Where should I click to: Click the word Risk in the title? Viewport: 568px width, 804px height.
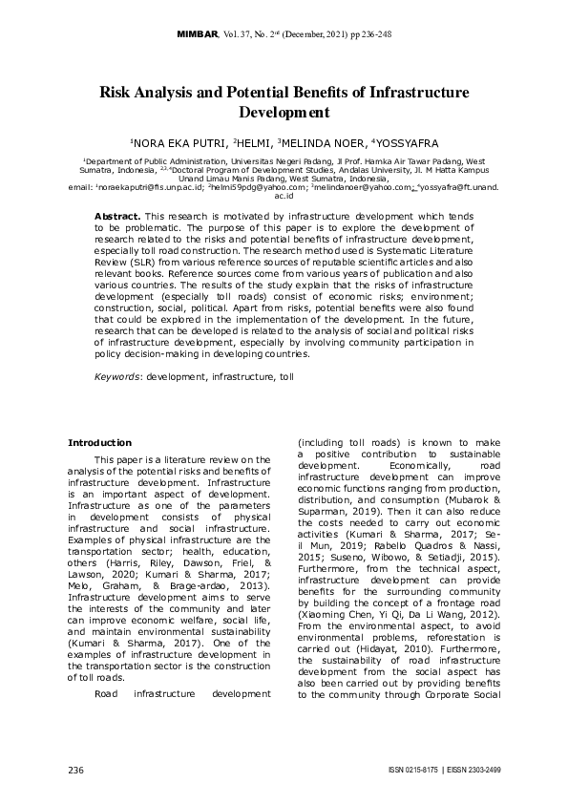pos(119,94)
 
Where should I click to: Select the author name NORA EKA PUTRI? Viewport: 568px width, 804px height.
pos(178,141)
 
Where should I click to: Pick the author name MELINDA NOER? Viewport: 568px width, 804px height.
pos(324,141)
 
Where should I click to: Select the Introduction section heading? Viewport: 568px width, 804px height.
pos(99,443)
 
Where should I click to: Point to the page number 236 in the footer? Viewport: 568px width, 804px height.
pos(76,770)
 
